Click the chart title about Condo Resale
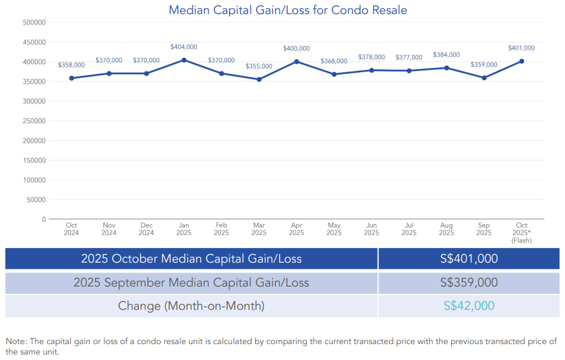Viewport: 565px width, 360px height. [287, 10]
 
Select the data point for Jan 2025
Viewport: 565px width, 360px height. [184, 60]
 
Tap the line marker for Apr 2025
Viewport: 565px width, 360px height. [296, 61]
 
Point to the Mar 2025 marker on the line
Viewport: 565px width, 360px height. [259, 79]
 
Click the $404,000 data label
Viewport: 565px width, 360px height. [184, 47]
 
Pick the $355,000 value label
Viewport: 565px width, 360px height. [259, 66]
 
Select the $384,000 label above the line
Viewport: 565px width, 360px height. [446, 55]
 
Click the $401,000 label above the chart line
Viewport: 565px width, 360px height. [521, 48]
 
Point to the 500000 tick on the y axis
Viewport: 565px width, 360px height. [34, 23]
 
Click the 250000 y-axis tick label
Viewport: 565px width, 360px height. [34, 121]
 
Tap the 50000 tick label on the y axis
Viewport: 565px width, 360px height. [36, 200]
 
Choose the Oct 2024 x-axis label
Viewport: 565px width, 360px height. [72, 229]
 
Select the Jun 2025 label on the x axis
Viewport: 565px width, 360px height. [371, 229]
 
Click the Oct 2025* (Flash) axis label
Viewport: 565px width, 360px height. [522, 233]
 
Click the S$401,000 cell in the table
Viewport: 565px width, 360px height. [469, 259]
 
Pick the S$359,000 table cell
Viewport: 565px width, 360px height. [469, 283]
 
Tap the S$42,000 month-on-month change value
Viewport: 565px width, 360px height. [469, 306]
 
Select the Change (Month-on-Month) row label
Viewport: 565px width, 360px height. [191, 306]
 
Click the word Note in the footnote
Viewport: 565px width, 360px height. [17, 341]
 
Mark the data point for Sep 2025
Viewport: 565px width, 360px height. [484, 78]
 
